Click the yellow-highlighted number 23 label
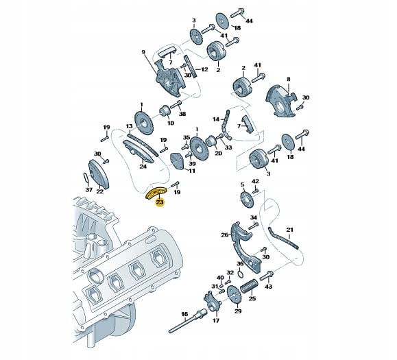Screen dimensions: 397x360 (160, 202)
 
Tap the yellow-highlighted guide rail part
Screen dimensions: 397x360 (156, 193)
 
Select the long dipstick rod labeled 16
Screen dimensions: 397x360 (187, 320)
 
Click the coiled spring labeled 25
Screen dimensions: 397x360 (249, 286)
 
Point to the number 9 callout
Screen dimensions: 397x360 (143, 52)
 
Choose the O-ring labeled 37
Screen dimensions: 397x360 (86, 177)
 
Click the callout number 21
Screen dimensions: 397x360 (289, 230)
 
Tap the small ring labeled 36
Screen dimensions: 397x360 (241, 274)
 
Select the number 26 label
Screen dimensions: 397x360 (225, 235)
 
